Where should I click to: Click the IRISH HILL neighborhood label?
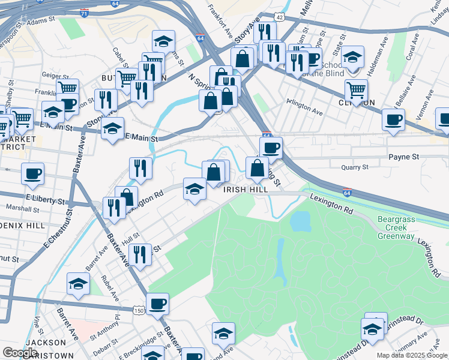(x=246, y=189)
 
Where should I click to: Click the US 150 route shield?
(x=139, y=311)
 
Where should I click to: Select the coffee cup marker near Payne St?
(x=271, y=148)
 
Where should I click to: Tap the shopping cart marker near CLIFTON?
(x=357, y=90)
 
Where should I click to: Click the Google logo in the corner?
(x=20, y=353)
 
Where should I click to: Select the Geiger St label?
(x=53, y=76)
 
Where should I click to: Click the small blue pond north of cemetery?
(x=300, y=221)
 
